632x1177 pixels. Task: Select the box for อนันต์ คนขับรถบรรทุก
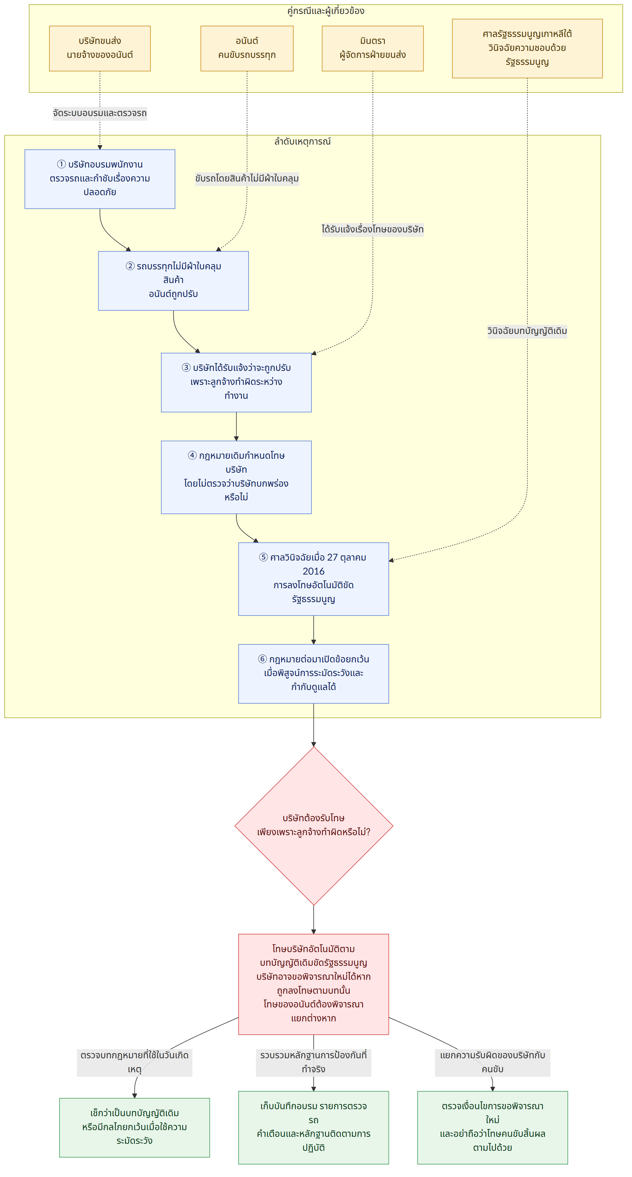tap(247, 48)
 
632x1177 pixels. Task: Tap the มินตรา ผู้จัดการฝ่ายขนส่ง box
tap(373, 48)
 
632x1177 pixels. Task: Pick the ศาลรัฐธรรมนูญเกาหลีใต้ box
tap(527, 48)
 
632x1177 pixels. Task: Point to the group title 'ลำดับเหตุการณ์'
tap(302, 142)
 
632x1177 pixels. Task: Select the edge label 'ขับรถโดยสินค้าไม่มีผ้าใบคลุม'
tap(247, 179)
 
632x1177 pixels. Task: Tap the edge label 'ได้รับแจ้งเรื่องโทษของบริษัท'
tap(373, 229)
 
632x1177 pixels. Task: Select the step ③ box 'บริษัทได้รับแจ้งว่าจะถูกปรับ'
tap(236, 383)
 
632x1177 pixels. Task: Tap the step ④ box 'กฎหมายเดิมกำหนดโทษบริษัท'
tap(236, 477)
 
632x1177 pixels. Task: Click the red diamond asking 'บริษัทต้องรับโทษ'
tap(314, 826)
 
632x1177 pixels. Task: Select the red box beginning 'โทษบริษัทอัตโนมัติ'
tap(314, 984)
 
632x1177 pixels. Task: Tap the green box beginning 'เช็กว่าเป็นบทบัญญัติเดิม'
tap(135, 1128)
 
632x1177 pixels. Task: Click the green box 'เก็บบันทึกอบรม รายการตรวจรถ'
tap(314, 1128)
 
